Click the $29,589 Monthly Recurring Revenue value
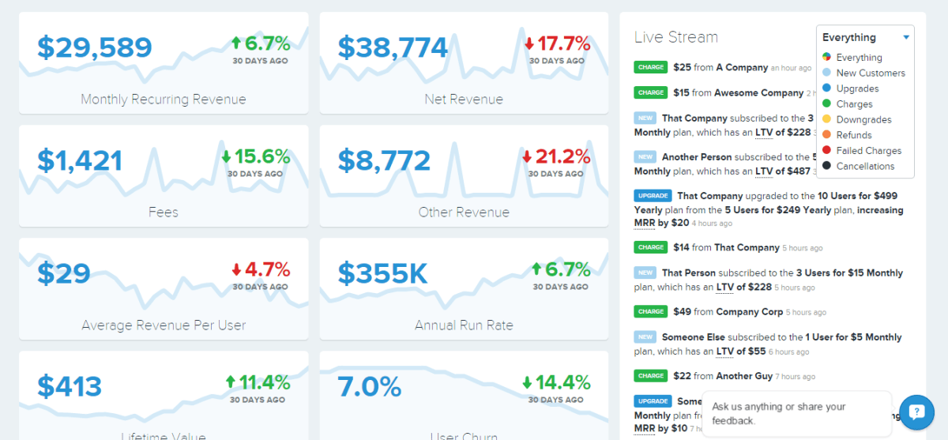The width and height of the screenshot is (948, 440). (x=94, y=48)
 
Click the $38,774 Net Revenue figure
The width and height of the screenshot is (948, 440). (x=393, y=48)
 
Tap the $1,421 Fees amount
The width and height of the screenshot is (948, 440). (x=80, y=161)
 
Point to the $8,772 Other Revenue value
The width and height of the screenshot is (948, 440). (x=384, y=161)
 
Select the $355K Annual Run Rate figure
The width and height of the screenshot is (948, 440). (x=382, y=274)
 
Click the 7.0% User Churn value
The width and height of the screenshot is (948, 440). (x=369, y=387)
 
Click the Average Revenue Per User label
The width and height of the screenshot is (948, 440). (x=164, y=325)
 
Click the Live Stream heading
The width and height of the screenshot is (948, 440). (x=675, y=37)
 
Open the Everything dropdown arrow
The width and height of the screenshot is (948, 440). (x=906, y=37)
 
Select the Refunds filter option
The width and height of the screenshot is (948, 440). (x=854, y=135)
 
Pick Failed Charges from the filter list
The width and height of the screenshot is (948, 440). (x=869, y=150)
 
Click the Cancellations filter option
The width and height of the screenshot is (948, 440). (x=865, y=166)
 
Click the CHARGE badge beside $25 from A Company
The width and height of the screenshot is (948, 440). (x=651, y=68)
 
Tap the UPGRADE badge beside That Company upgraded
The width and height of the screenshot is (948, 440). (x=653, y=195)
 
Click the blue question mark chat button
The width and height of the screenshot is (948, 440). (x=916, y=411)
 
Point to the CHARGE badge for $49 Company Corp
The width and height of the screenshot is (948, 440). (x=651, y=311)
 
